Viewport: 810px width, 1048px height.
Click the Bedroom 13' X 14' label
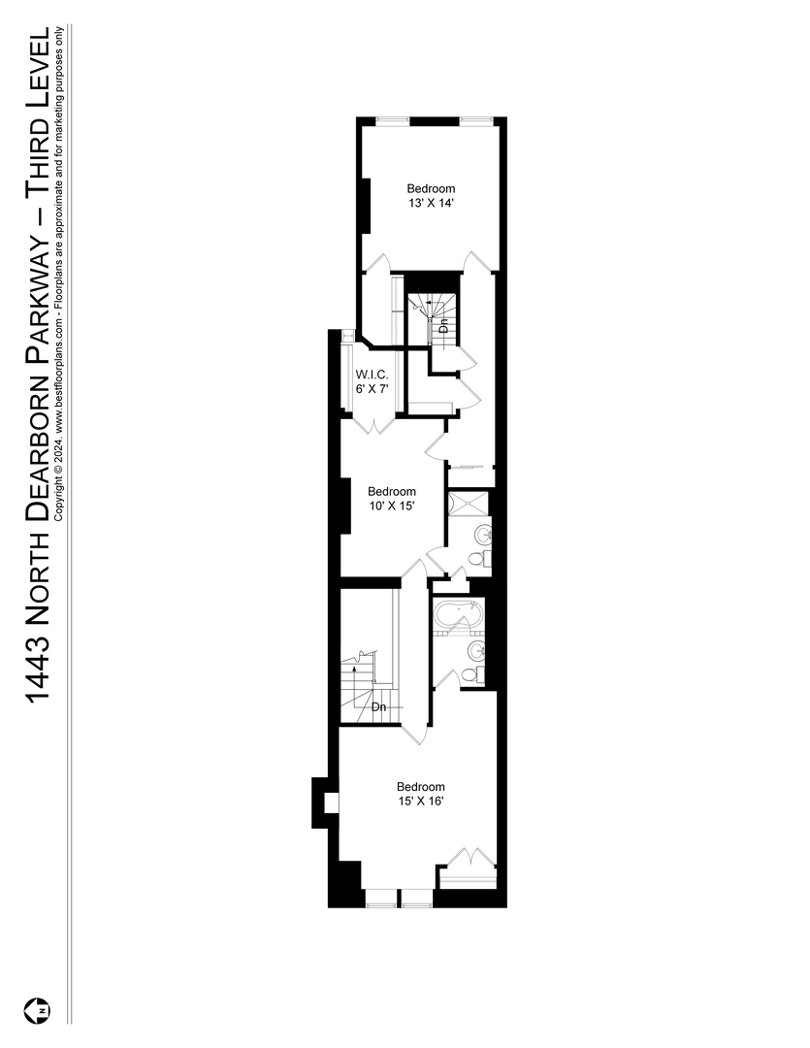[431, 195]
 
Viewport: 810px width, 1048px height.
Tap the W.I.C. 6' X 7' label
[372, 380]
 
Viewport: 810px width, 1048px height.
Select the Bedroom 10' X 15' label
[392, 499]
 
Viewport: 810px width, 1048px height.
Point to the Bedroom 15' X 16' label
[421, 794]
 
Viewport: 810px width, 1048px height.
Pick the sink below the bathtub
[475, 649]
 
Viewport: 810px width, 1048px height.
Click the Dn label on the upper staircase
[443, 327]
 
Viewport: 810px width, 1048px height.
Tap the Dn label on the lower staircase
[379, 706]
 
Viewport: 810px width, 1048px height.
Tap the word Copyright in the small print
[62, 494]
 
